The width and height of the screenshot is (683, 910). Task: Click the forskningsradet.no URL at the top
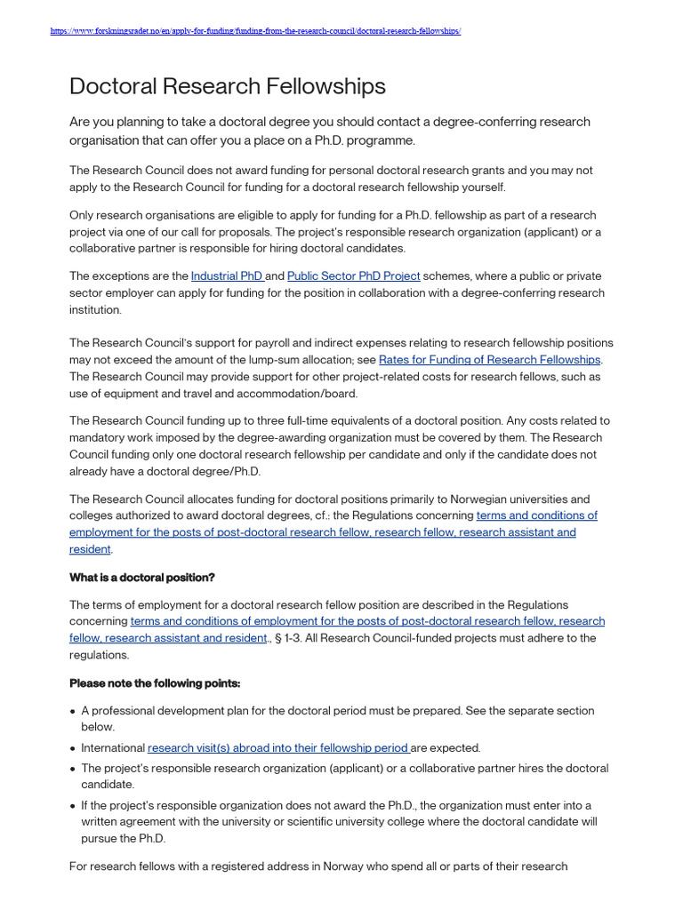256,31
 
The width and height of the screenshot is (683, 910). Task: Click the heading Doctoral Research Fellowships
228,86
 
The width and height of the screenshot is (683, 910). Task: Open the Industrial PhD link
227,276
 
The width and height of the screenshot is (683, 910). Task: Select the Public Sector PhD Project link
353,276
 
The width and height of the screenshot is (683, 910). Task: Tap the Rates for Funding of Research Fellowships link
489,360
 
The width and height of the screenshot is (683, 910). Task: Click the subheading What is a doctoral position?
142,578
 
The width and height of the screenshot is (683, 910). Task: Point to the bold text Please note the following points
155,683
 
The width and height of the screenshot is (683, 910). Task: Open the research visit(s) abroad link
277,748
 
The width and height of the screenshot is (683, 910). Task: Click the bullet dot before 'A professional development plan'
72,712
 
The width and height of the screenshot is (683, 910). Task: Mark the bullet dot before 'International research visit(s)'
72,749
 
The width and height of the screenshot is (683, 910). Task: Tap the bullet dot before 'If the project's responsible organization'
72,807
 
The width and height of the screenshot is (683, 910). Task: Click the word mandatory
100,437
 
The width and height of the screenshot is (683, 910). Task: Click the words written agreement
128,822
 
